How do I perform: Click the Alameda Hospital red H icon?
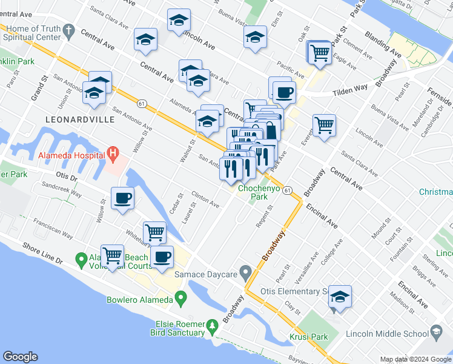pyautogui.click(x=113, y=154)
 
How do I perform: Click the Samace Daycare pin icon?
pyautogui.click(x=245, y=271)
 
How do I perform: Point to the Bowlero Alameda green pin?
pyautogui.click(x=180, y=298)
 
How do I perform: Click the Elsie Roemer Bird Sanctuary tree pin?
pyautogui.click(x=212, y=328)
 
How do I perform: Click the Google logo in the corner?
pyautogui.click(x=21, y=356)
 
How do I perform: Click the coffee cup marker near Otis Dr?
pyautogui.click(x=123, y=198)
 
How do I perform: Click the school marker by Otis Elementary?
pyautogui.click(x=340, y=297)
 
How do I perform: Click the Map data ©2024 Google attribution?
pyautogui.click(x=414, y=359)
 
